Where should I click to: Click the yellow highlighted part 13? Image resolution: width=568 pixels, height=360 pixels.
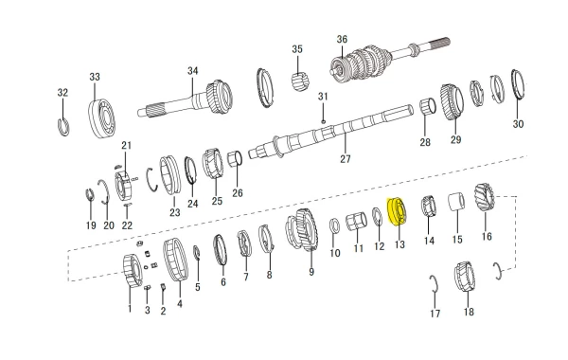397,211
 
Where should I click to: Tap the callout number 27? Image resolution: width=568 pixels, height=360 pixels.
346,159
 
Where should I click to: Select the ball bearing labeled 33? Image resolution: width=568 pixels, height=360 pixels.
102,115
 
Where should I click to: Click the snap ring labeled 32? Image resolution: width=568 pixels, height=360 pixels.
63,127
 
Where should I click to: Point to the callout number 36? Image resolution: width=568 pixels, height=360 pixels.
342,39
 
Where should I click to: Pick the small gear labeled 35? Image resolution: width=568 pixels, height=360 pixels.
300,81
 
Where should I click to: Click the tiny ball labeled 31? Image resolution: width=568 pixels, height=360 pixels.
323,121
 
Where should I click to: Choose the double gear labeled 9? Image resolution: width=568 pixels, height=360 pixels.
304,230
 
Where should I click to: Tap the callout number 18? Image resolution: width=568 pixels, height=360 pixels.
469,312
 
